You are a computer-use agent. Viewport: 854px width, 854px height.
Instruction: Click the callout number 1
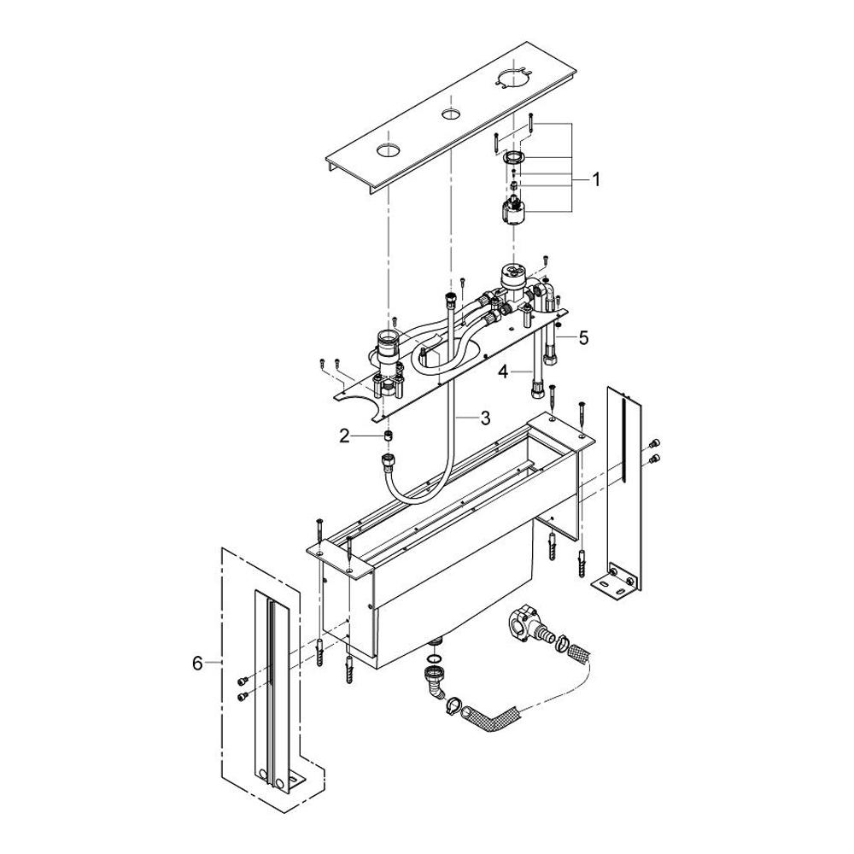pos(596,179)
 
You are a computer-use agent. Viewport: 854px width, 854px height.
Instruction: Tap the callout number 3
pos(485,418)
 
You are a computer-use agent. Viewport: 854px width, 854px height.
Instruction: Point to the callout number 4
pos(504,371)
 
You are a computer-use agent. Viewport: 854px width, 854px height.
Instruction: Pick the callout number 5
pos(583,337)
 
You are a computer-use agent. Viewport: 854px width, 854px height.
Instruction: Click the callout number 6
pos(197,663)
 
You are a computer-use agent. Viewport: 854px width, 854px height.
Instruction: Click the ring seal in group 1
pos(513,159)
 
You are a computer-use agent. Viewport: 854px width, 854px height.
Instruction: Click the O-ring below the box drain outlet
pos(435,658)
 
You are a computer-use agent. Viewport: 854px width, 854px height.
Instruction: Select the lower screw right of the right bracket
pos(655,459)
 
